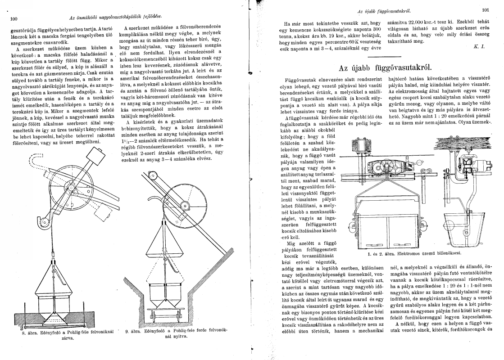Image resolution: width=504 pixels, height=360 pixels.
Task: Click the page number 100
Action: [13, 18]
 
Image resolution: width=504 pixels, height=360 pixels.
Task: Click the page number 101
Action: [485, 9]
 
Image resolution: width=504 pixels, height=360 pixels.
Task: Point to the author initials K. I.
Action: [479, 46]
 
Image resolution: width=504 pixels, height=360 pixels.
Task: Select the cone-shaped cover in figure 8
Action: [53, 283]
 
